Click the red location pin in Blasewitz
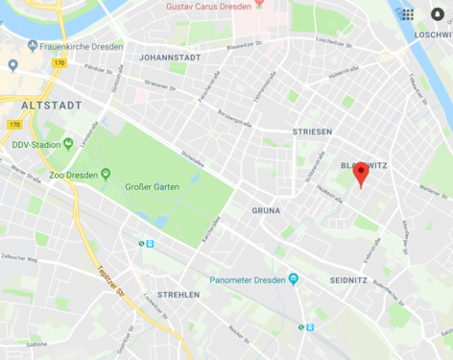point(360,174)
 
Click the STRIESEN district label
point(312,132)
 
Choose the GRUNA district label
point(266,208)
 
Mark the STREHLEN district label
point(179,295)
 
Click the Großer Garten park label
point(148,186)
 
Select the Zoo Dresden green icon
point(107,173)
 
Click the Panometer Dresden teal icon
point(294,279)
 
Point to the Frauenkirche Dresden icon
point(33,45)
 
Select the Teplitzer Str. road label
point(108,275)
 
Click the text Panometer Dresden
point(248,279)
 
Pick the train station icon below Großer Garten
point(146,244)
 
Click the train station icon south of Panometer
point(305,326)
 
